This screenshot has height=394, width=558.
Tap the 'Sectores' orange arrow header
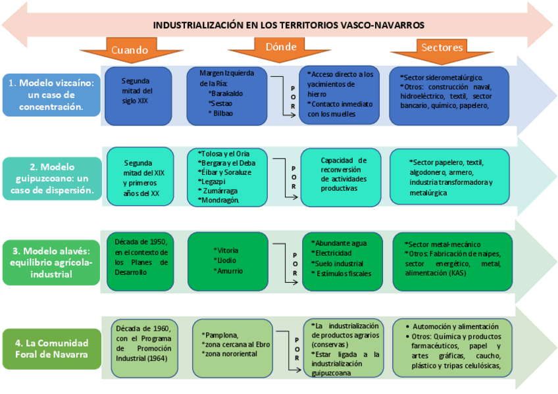[x=442, y=48]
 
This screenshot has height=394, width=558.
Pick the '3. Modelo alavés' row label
[x=51, y=260]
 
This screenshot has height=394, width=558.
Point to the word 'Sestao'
[x=222, y=103]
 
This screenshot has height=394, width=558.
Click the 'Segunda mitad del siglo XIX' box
[x=138, y=92]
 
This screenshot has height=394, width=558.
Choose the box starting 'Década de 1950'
[x=141, y=257]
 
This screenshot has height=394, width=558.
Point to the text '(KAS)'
[x=460, y=272]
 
